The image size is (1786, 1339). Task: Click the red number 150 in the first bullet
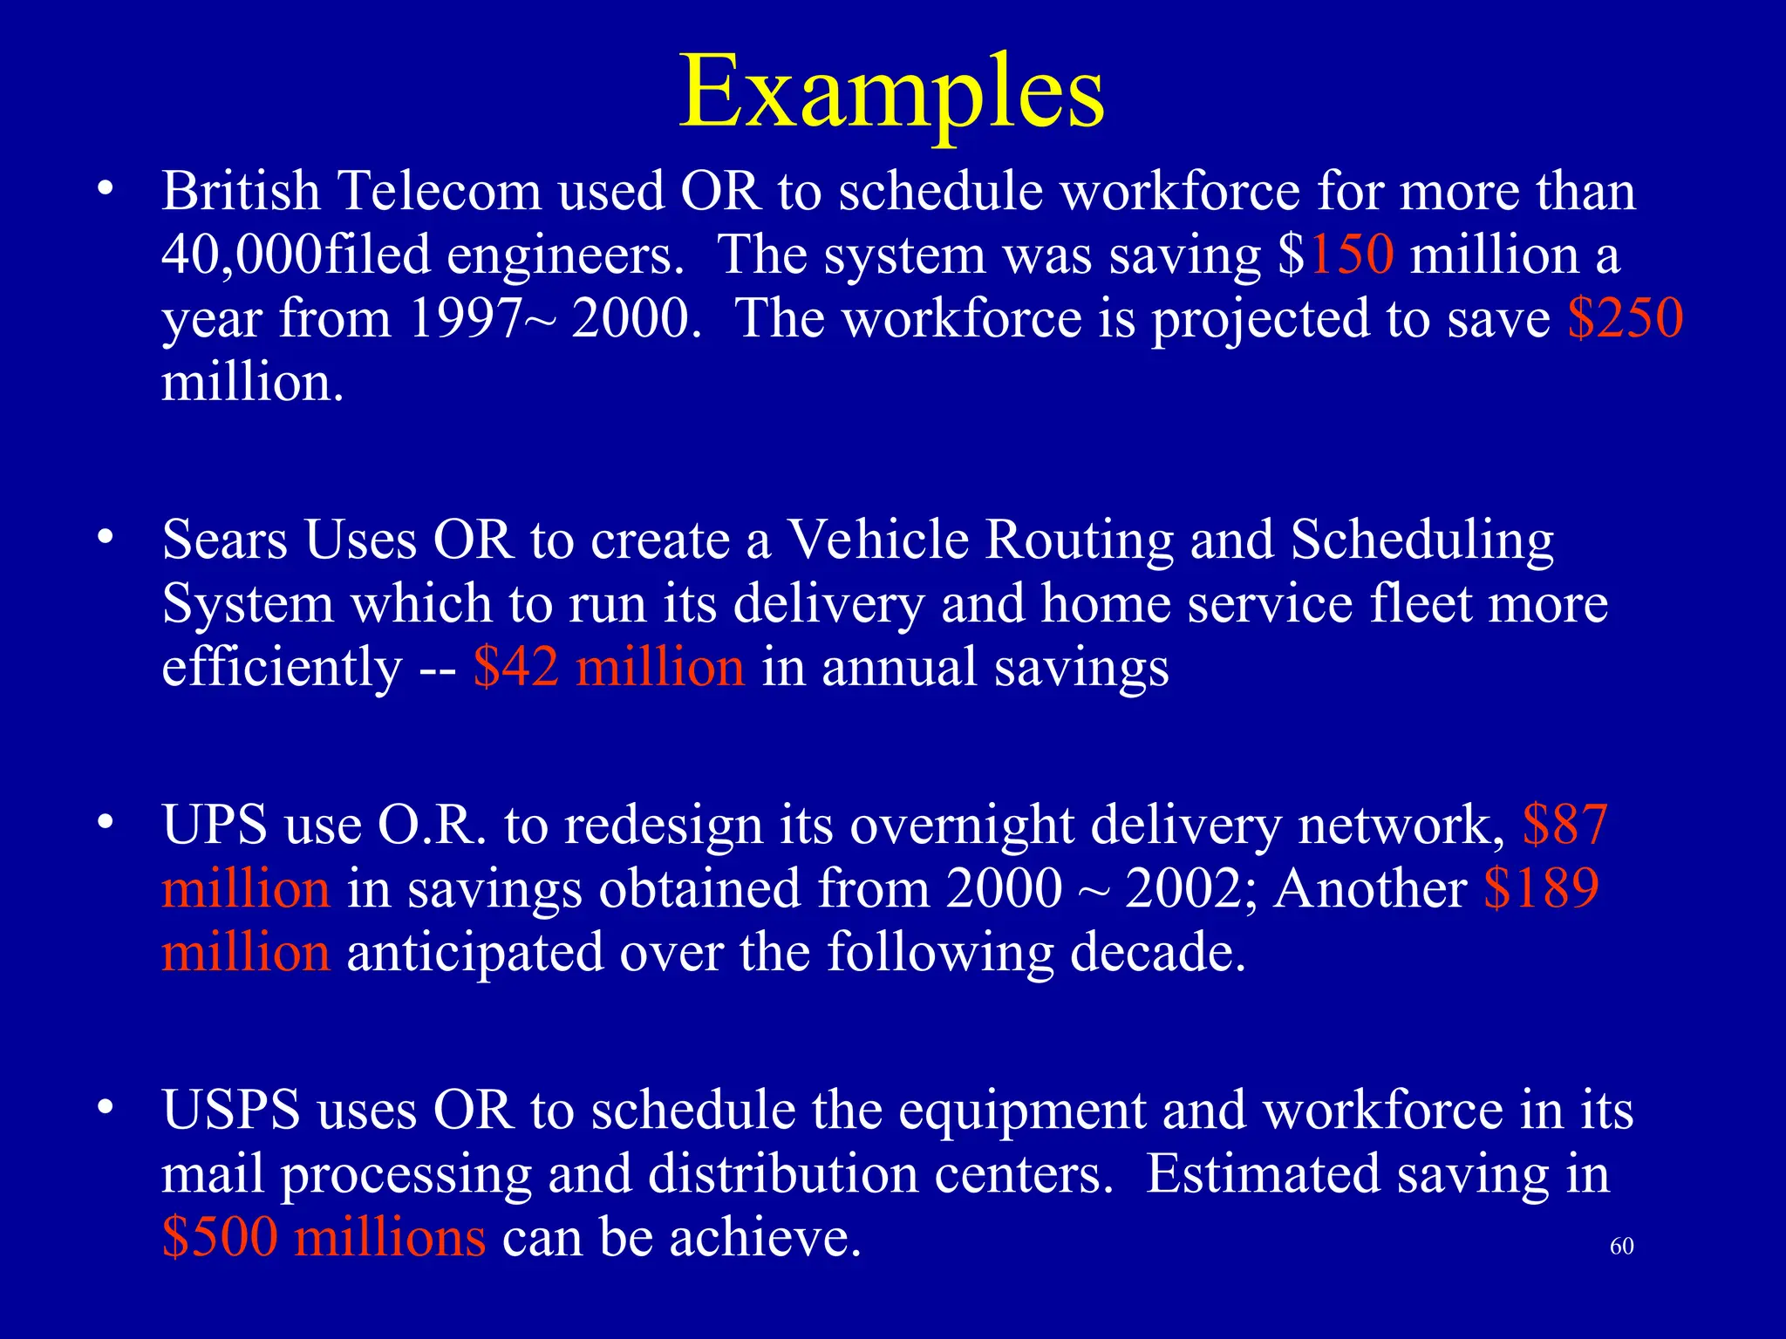(x=1351, y=255)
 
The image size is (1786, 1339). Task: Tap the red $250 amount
(x=1625, y=318)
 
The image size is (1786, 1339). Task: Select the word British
(x=241, y=191)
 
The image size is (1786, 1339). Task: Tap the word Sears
(x=224, y=540)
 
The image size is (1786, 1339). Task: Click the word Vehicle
(x=877, y=540)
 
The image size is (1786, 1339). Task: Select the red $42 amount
(x=515, y=668)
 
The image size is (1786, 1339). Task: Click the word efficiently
(x=281, y=668)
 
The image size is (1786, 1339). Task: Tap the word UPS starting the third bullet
(x=215, y=825)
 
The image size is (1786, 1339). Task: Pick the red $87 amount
(x=1564, y=825)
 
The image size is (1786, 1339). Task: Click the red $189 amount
(x=1541, y=889)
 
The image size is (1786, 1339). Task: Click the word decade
(x=1156, y=952)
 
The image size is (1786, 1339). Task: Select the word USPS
(x=230, y=1111)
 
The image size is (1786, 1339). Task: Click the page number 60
(x=1621, y=1247)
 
